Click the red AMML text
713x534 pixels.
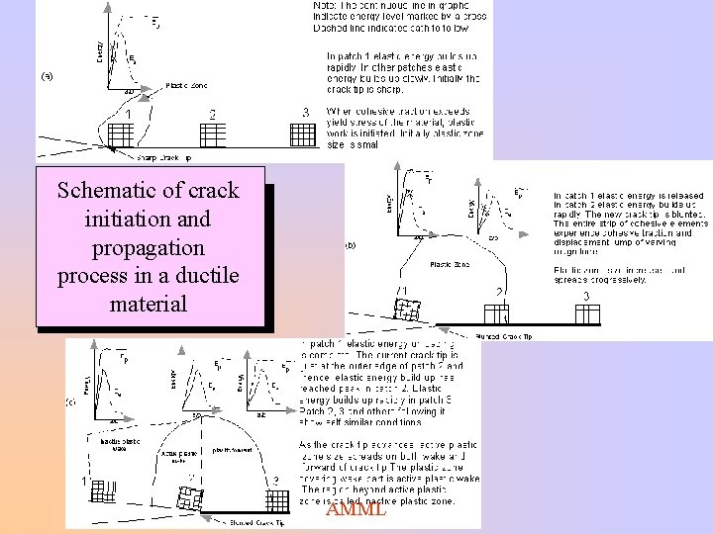356,509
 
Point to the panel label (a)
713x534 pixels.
47,75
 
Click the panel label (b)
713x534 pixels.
349,244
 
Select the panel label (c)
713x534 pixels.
70,402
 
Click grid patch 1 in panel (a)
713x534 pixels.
119,133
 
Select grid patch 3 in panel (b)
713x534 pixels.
587,313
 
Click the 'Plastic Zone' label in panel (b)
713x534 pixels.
448,264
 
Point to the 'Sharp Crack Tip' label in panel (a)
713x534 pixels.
163,157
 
